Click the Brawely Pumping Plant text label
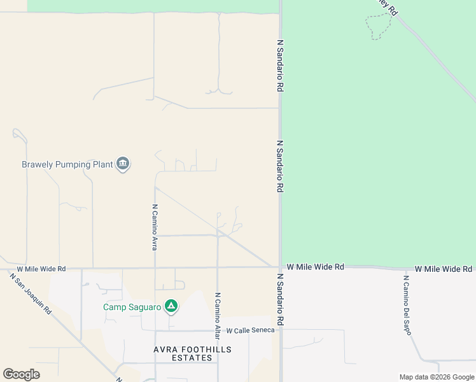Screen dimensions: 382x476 pos(67,164)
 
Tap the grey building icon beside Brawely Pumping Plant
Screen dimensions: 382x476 pos(123,164)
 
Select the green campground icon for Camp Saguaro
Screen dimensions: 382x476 pos(171,307)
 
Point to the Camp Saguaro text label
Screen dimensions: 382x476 pos(132,308)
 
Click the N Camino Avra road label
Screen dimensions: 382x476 pos(154,227)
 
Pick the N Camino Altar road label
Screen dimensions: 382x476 pos(217,315)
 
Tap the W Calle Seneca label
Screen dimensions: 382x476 pos(250,330)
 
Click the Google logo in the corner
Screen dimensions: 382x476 pos(21,374)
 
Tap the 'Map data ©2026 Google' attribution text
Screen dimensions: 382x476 pos(437,377)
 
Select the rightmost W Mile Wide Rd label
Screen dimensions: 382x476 pos(444,269)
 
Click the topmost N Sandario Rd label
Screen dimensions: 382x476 pos(279,66)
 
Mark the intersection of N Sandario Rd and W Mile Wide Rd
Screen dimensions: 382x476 pos(280,267)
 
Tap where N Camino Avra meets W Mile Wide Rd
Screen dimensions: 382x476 pos(155,268)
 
